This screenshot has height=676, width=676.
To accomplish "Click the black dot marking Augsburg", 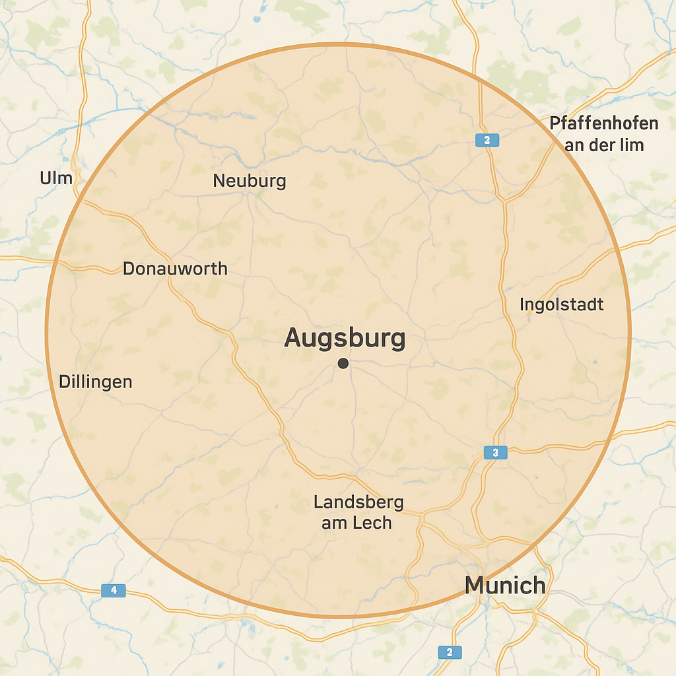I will click(343, 363).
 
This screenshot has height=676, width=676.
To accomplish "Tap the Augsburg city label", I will click(344, 338).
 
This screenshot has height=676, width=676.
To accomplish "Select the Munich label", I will click(505, 585).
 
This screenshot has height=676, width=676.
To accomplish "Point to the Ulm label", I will click(56, 178).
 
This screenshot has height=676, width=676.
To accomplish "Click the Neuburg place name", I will click(250, 180).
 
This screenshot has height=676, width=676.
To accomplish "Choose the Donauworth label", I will click(175, 269).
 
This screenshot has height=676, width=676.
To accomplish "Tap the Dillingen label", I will click(95, 382).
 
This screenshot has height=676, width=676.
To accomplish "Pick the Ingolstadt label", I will click(561, 304).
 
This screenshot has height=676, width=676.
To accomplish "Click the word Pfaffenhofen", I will click(604, 123).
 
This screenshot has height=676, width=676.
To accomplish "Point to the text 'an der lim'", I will click(603, 145).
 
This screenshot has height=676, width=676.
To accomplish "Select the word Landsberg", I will click(358, 502).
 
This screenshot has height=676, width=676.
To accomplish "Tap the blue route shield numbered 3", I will click(495, 452).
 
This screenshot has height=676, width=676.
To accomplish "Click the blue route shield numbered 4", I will click(113, 590).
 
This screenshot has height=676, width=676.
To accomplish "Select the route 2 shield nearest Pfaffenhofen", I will click(487, 140).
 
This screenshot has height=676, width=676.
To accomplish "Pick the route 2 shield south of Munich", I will click(450, 652).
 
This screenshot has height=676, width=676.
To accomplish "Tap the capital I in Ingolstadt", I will click(522, 304).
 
